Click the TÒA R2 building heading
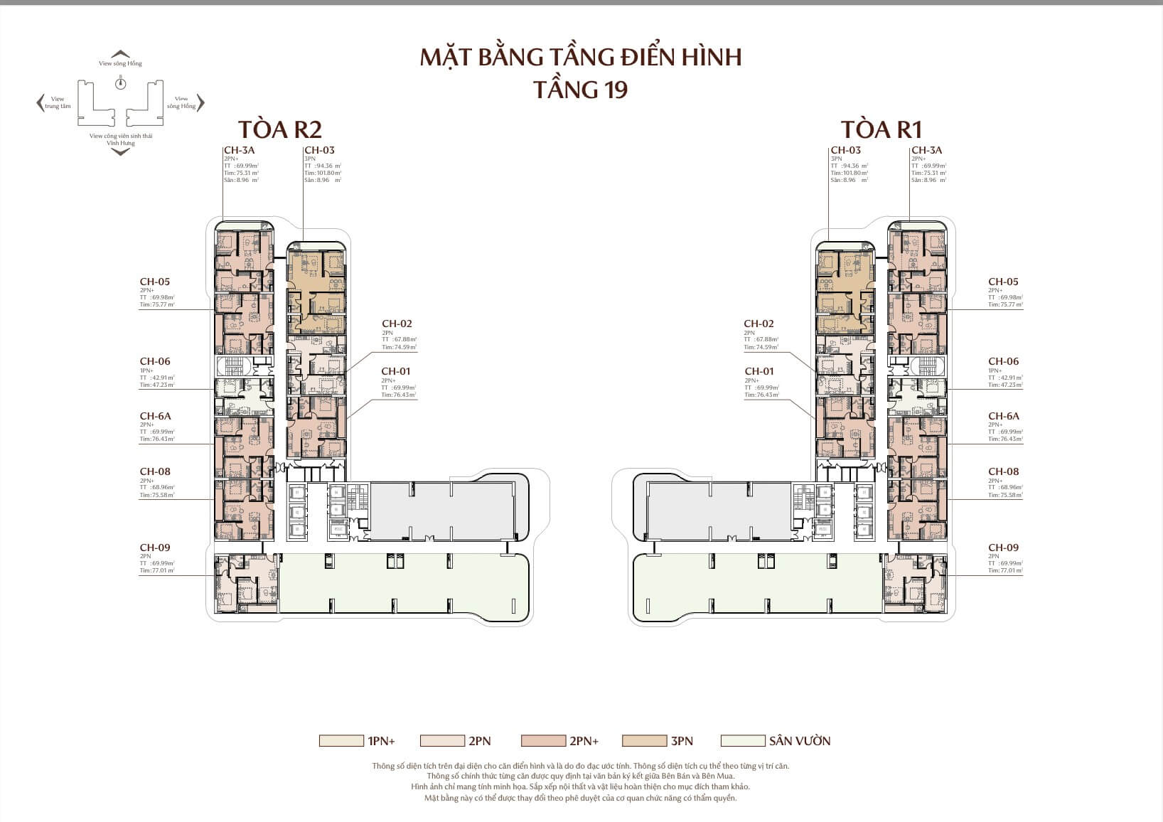pos(279,129)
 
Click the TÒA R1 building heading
pos(881,129)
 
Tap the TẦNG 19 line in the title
pos(580,90)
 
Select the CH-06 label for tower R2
pos(155,361)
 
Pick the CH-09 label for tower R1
pos(1003,548)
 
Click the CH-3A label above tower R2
pos(239,150)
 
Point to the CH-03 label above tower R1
pos(845,150)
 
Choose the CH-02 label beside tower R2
pos(397,324)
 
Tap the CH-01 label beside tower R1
pos(759,371)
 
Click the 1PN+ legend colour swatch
pos(341,741)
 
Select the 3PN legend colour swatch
pos(643,741)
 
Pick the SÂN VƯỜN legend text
pos(799,741)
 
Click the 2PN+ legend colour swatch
pos(542,741)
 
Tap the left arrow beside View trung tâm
pos(40,103)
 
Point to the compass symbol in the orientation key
pos(121,84)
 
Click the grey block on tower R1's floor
pos(718,511)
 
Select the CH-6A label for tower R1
pos(1003,416)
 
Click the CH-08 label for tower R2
pos(155,471)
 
